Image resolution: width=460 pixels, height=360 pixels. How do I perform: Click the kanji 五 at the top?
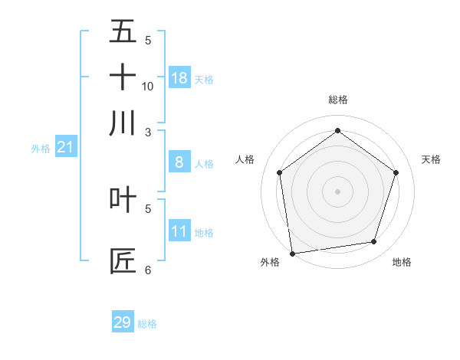pyautogui.click(x=123, y=31)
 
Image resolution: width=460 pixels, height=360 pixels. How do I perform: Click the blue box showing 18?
pyautogui.click(x=179, y=77)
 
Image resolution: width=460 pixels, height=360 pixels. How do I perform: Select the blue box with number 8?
pyautogui.click(x=179, y=162)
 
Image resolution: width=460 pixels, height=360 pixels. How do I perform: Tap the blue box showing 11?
pyautogui.click(x=179, y=231)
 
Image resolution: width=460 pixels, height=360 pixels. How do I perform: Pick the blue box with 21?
pyautogui.click(x=65, y=146)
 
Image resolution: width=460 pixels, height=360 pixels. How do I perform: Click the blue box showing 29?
pyautogui.click(x=123, y=322)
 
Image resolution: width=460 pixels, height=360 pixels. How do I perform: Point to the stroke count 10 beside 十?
pyautogui.click(x=148, y=86)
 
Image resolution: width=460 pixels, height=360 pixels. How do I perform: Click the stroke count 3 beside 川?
pyautogui.click(x=148, y=132)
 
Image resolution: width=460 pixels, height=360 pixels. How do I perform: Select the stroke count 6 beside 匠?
pyautogui.click(x=148, y=270)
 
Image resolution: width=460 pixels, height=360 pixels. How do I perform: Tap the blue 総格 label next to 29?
pyautogui.click(x=147, y=324)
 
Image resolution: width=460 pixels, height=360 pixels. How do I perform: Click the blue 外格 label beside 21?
pyautogui.click(x=40, y=149)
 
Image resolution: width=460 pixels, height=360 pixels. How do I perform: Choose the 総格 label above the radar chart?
pyautogui.click(x=337, y=100)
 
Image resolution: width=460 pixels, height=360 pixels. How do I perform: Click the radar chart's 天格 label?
pyautogui.click(x=431, y=159)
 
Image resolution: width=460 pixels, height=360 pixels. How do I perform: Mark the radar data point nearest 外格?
pyautogui.click(x=292, y=253)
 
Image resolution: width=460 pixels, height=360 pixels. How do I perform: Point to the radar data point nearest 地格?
pyautogui.click(x=374, y=242)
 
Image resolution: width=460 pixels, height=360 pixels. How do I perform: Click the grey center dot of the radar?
pyautogui.click(x=337, y=191)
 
